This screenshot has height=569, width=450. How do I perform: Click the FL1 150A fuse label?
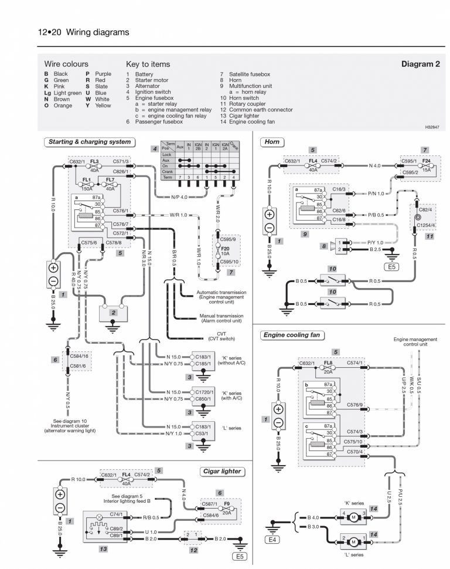[87, 184]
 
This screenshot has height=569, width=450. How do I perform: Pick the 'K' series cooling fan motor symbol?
[353, 517]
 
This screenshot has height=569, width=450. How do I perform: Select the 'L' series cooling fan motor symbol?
[353, 538]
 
